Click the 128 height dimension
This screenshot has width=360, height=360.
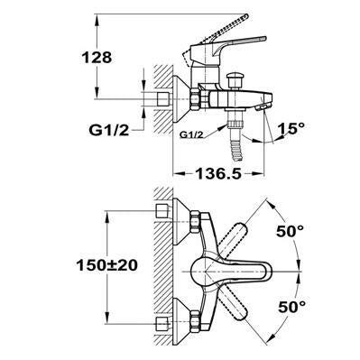click(x=97, y=57)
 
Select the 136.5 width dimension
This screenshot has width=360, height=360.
click(x=218, y=173)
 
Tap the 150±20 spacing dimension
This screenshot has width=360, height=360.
click(x=107, y=265)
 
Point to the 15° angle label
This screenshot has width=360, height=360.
click(x=291, y=128)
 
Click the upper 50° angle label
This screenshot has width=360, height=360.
click(x=291, y=231)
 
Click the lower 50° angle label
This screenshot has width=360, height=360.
click(x=291, y=307)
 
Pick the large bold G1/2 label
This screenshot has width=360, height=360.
click(x=109, y=130)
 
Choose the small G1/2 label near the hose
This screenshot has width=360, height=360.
click(x=191, y=135)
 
